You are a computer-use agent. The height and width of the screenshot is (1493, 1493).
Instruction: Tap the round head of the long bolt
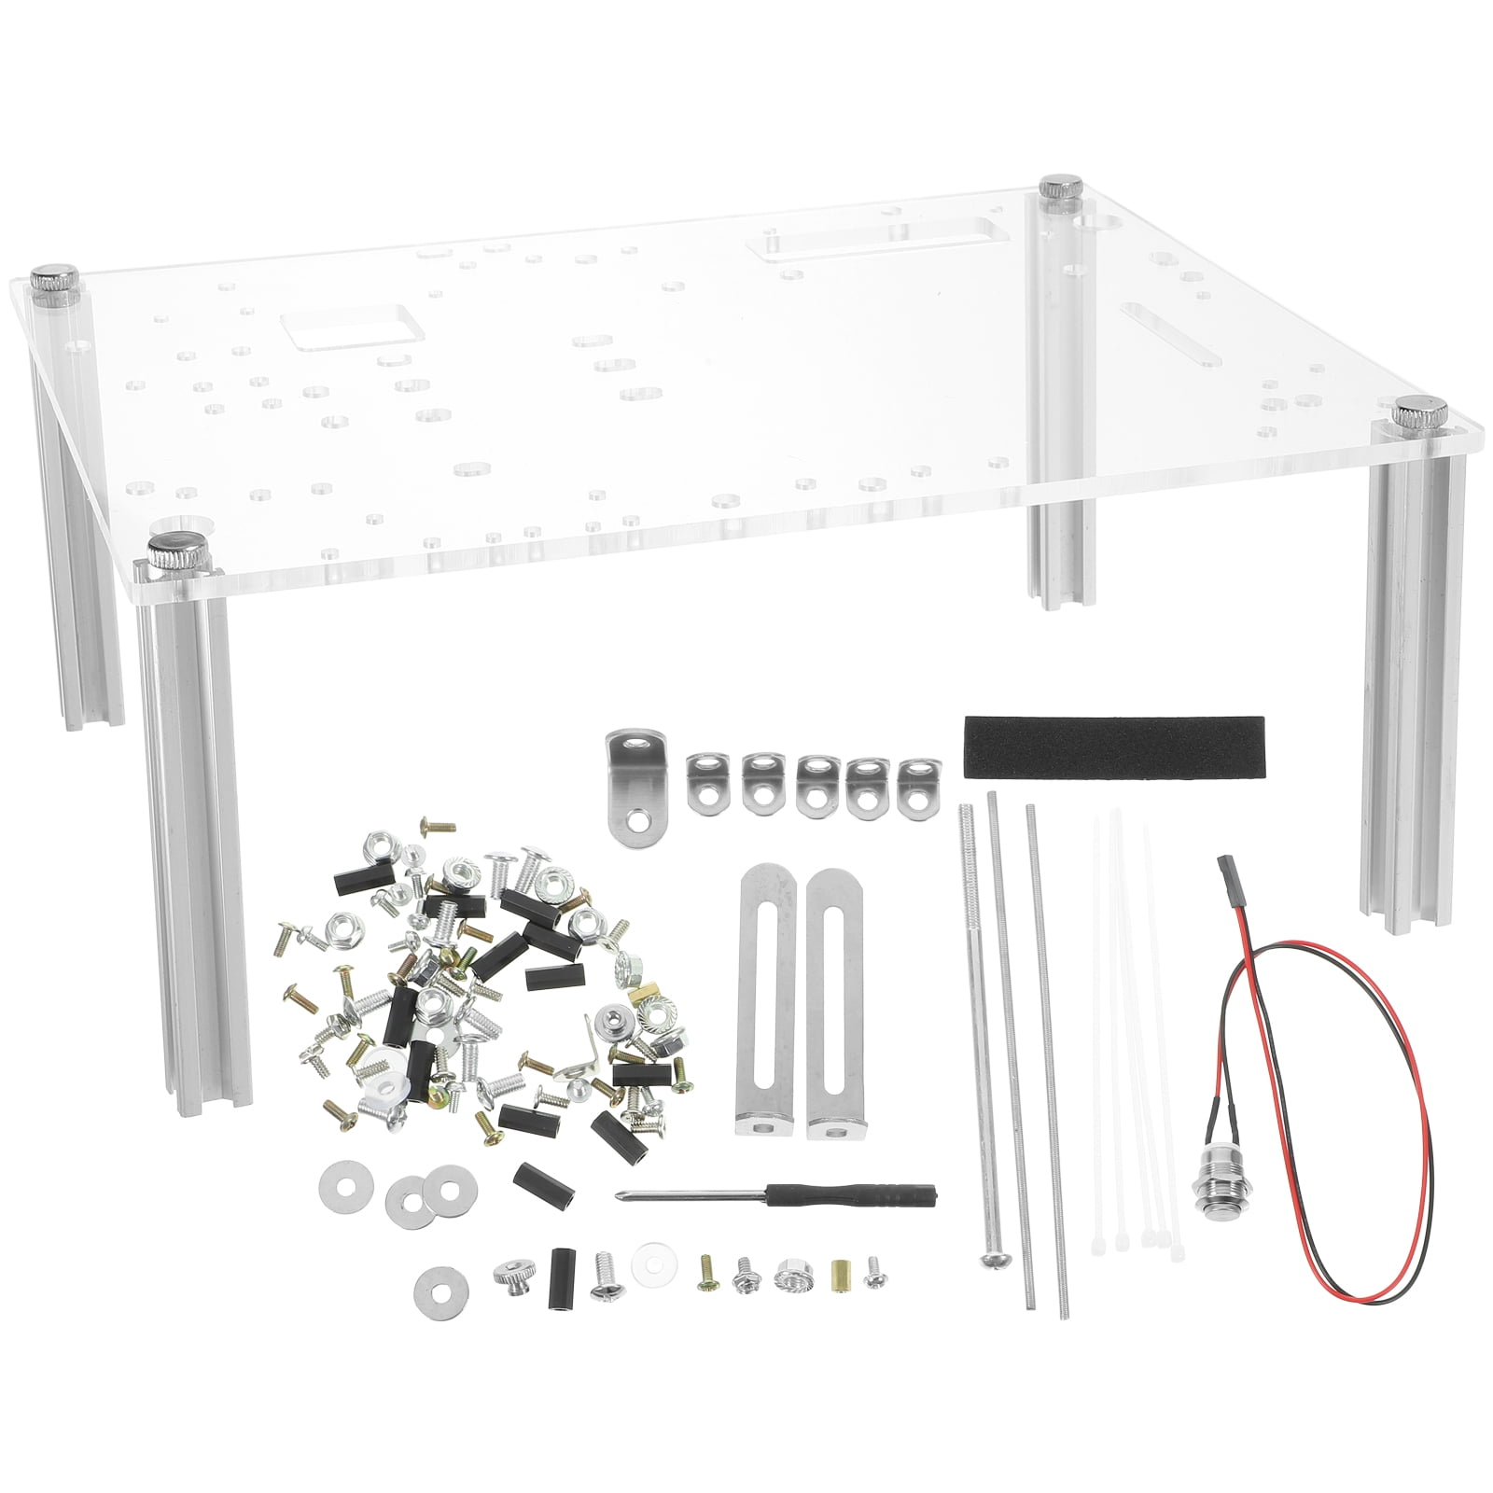(992, 1259)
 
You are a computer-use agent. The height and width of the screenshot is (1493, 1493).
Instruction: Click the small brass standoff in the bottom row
(840, 1273)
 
